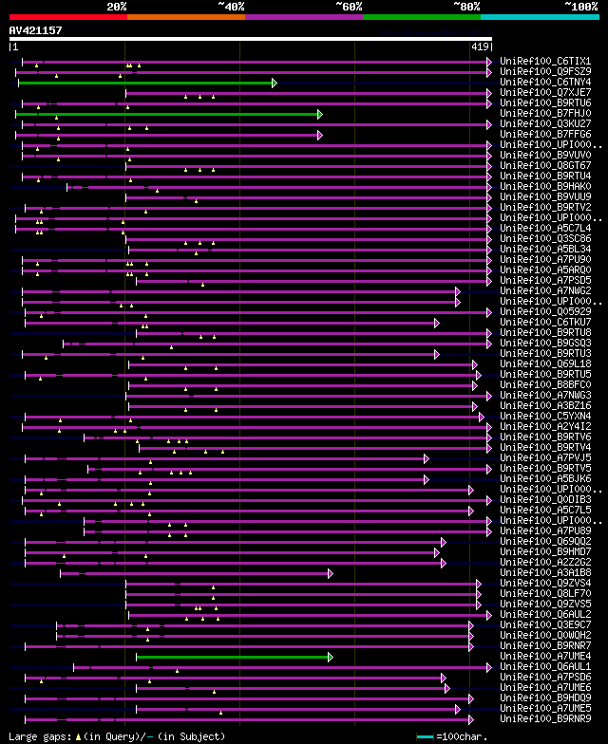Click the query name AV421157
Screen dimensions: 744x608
[x=35, y=30]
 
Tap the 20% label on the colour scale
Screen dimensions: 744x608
[x=117, y=7]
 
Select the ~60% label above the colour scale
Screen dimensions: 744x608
[x=349, y=7]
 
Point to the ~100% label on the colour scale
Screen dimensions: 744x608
[x=580, y=7]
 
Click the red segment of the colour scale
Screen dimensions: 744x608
[x=67, y=16]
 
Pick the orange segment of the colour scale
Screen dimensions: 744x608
[x=185, y=16]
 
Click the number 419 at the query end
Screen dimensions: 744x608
[x=480, y=46]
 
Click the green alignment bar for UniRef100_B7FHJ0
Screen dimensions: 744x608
[x=167, y=114]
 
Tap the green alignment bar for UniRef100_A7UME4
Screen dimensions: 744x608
[x=233, y=657]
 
